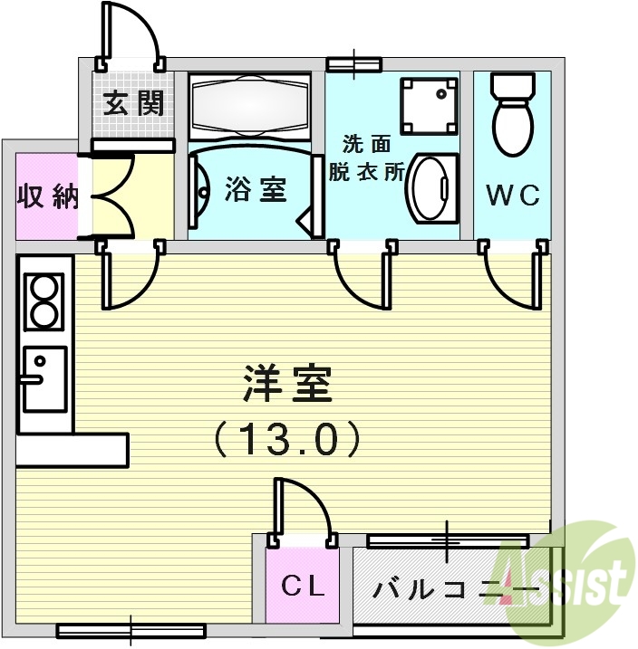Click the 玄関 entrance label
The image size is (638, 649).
[x=132, y=104]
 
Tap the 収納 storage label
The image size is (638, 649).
[x=48, y=197]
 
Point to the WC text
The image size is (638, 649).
[x=512, y=194]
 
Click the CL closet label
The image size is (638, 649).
[x=302, y=587]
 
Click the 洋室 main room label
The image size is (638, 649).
[x=288, y=386]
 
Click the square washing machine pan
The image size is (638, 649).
[x=429, y=106]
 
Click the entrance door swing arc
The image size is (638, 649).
[x=134, y=34]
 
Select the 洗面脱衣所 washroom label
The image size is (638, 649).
[x=366, y=158]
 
